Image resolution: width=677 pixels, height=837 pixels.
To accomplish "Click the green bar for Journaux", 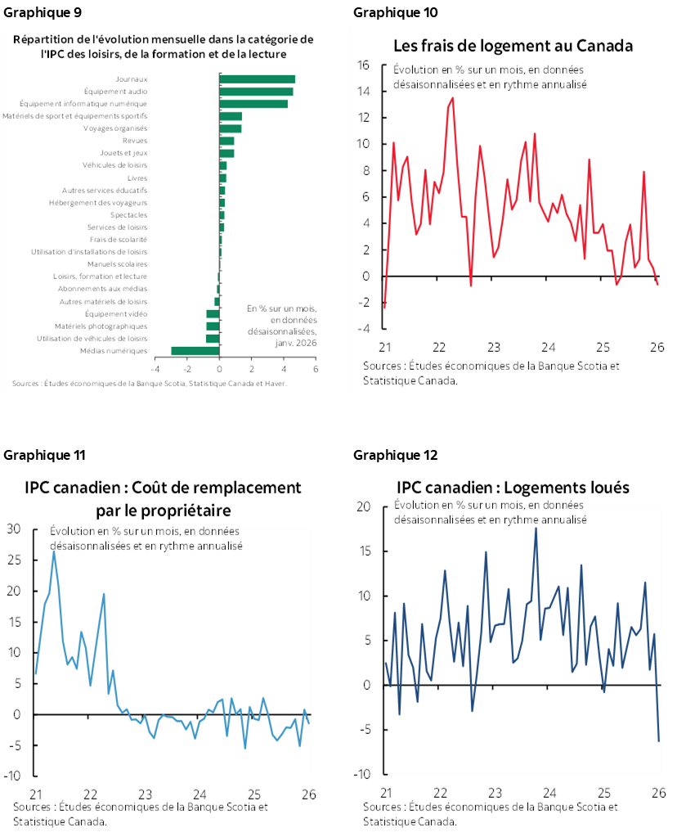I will tap(257, 79).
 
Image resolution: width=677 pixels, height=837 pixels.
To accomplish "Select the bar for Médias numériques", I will tap(195, 351).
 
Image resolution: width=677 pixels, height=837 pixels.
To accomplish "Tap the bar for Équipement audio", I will tap(256, 92).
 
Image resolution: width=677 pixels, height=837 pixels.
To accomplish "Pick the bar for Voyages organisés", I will tap(231, 128).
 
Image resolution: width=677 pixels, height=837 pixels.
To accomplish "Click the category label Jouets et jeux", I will tap(123, 153).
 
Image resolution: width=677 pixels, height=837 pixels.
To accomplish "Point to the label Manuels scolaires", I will tap(118, 264).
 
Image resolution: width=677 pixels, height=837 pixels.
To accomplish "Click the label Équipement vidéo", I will tap(116, 313).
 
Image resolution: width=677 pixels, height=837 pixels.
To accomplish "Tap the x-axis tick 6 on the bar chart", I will tap(316, 369).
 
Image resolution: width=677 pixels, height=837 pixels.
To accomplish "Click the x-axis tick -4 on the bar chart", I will tap(154, 369).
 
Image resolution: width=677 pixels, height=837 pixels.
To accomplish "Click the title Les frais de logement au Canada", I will tap(513, 45).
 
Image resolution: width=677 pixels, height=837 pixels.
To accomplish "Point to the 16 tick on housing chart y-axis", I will tap(365, 65).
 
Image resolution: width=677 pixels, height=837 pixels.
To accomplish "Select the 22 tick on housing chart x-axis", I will tap(438, 346).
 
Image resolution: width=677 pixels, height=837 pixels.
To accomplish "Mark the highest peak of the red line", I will tap(453, 98).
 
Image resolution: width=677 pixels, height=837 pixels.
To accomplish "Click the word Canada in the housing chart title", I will tap(604, 45).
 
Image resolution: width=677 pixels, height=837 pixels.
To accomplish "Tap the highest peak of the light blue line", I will tap(54, 551).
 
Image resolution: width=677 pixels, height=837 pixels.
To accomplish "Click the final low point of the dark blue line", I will tap(659, 741).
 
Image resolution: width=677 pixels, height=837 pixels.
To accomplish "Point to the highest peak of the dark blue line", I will tap(536, 528).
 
